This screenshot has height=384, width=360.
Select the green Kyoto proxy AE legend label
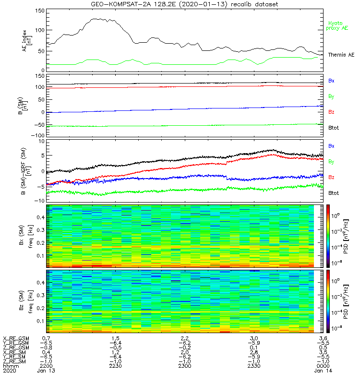coord(338,25)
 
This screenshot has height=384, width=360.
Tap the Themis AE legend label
coord(341,55)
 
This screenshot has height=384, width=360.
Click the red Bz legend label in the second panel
coord(331,112)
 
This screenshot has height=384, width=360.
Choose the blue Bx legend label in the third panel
coord(331,145)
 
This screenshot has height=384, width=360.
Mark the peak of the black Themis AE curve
coord(98,19)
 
